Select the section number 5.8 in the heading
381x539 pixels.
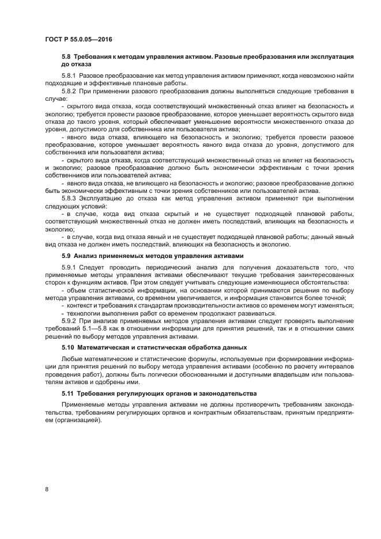pyautogui.click(x=66, y=56)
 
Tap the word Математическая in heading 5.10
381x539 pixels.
pyautogui.click(x=110, y=347)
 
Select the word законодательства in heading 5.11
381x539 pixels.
pyautogui.click(x=228, y=393)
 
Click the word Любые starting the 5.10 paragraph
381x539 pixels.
pyautogui.click(x=72, y=359)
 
